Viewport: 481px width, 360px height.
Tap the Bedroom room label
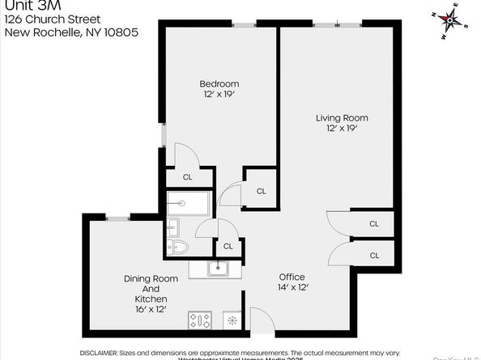pyautogui.click(x=219, y=89)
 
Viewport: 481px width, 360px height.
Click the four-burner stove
pyautogui.click(x=200, y=320)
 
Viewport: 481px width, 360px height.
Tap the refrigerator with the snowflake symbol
pyautogui.click(x=232, y=320)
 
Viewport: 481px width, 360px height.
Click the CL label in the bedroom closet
pyautogui.click(x=187, y=177)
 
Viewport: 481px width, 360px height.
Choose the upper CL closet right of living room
pyautogui.click(x=374, y=224)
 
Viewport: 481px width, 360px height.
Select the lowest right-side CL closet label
pyautogui.click(x=374, y=255)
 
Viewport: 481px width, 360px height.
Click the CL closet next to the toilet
pyautogui.click(x=228, y=246)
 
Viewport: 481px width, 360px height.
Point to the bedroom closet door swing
pyautogui.click(x=185, y=155)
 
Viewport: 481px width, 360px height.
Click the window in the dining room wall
pyautogui.click(x=118, y=217)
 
